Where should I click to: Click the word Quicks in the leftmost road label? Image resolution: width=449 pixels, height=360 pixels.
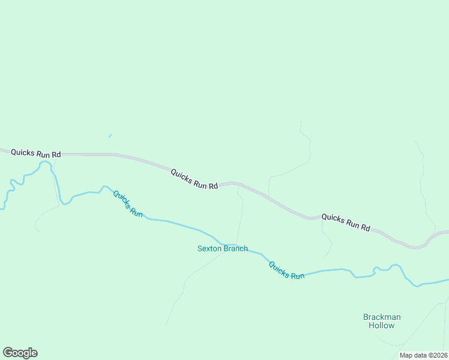pos(23,152)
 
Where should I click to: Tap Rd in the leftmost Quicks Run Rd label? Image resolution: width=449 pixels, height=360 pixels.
pos(56,155)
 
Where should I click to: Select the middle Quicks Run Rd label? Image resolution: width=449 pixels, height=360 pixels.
pos(194,179)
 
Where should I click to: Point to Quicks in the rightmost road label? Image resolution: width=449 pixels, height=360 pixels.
pos(333,218)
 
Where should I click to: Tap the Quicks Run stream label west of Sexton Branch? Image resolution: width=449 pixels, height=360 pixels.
pos(128,203)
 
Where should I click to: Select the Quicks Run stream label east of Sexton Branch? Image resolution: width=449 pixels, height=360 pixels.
pos(286,270)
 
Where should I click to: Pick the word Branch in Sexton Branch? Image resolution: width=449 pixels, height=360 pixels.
pos(236,248)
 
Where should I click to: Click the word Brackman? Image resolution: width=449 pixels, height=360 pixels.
pos(382,317)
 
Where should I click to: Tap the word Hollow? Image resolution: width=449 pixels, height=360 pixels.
pos(382,326)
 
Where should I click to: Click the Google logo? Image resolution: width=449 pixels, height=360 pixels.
pos(20,353)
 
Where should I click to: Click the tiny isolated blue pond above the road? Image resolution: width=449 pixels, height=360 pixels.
pos(110,136)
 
